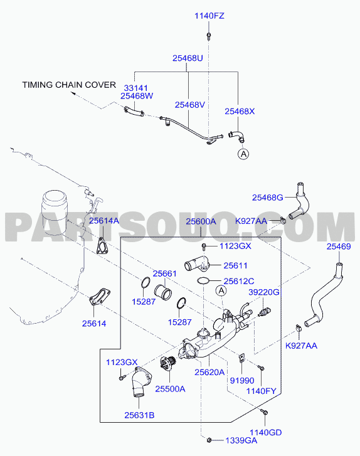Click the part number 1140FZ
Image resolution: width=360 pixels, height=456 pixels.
click(209, 16)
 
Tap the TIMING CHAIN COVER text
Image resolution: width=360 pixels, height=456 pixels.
click(69, 85)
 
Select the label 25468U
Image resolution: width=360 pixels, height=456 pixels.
click(188, 58)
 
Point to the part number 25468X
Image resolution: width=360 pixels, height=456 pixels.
click(240, 111)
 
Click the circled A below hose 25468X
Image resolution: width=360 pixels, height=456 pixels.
click(244, 154)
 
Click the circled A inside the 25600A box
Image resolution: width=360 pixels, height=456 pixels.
click(221, 290)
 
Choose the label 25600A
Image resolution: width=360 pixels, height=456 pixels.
click(201, 221)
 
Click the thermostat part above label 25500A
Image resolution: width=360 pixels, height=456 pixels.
click(169, 364)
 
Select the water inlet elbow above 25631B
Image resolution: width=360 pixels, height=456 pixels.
click(140, 382)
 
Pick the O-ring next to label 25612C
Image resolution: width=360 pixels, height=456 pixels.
click(203, 280)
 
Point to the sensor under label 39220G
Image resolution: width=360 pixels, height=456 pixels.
click(264, 312)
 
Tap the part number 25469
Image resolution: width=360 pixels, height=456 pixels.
click(339, 247)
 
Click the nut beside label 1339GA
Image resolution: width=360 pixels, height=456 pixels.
click(209, 440)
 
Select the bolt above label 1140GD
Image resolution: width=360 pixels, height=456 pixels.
click(264, 412)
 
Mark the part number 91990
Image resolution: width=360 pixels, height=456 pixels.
click(242, 380)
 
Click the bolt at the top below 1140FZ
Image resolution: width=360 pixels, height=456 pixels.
click(209, 36)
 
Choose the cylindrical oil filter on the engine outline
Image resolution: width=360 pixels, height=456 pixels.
click(54, 213)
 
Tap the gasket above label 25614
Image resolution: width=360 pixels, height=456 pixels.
click(100, 297)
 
